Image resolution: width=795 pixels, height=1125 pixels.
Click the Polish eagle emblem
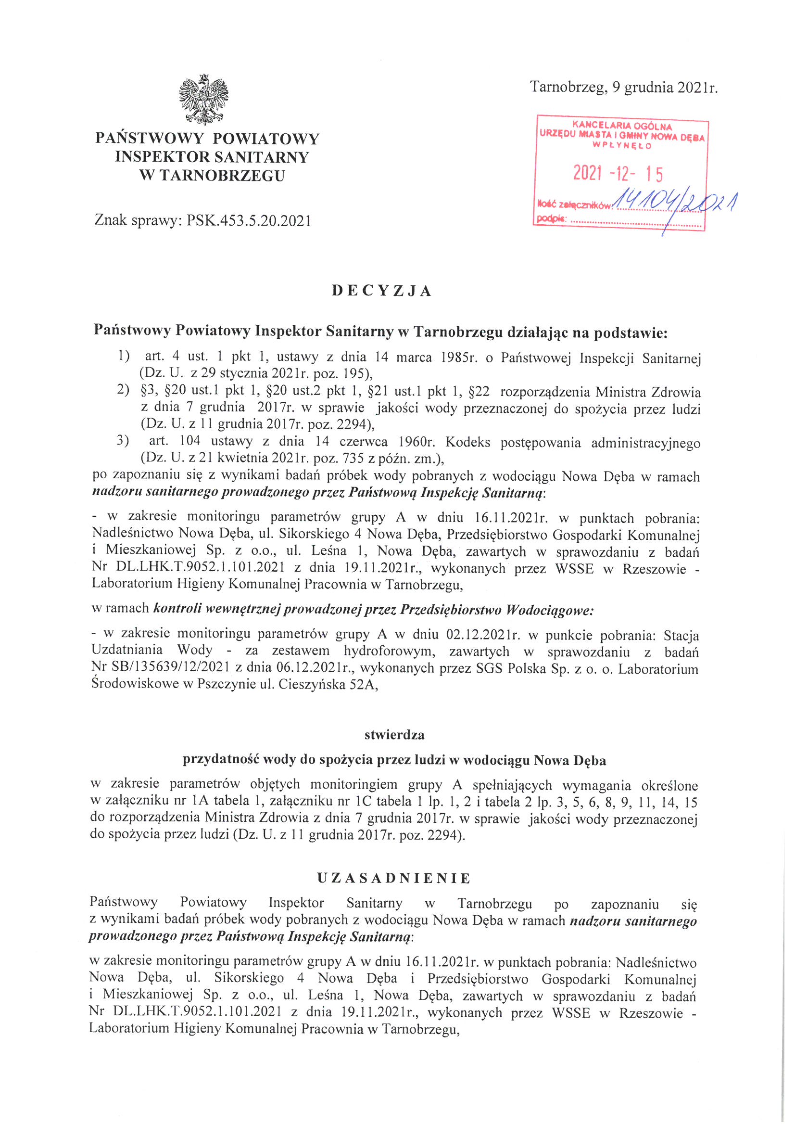pyautogui.click(x=204, y=100)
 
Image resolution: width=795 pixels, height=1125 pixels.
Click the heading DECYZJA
pyautogui.click(x=381, y=291)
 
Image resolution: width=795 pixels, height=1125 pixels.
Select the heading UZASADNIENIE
pyautogui.click(x=393, y=878)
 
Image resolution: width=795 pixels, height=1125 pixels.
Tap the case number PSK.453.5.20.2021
pyautogui.click(x=249, y=221)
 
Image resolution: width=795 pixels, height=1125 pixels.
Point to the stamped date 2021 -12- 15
pyautogui.click(x=618, y=173)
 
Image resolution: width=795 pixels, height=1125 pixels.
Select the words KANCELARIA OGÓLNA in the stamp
pyautogui.click(x=622, y=127)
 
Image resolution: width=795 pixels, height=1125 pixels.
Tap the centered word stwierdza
pyautogui.click(x=394, y=735)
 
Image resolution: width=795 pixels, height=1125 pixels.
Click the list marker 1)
pyautogui.click(x=124, y=356)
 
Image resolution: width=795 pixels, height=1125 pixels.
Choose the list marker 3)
pyautogui.click(x=123, y=440)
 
